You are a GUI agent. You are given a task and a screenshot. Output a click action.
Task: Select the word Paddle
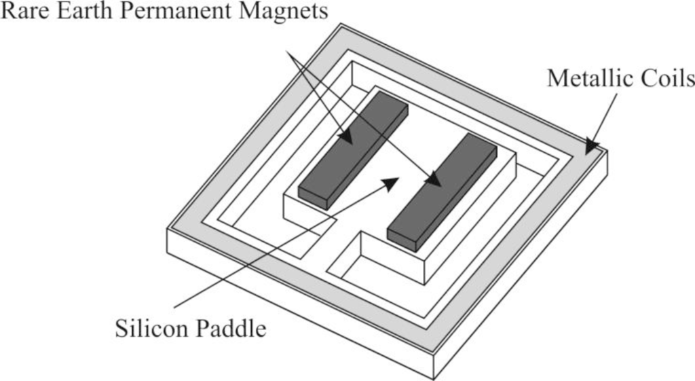[231, 330]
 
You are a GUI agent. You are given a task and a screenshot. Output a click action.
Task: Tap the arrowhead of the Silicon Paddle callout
[390, 181]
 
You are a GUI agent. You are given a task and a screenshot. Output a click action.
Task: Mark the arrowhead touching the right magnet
[434, 179]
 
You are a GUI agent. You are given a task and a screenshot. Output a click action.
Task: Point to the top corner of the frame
[341, 25]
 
